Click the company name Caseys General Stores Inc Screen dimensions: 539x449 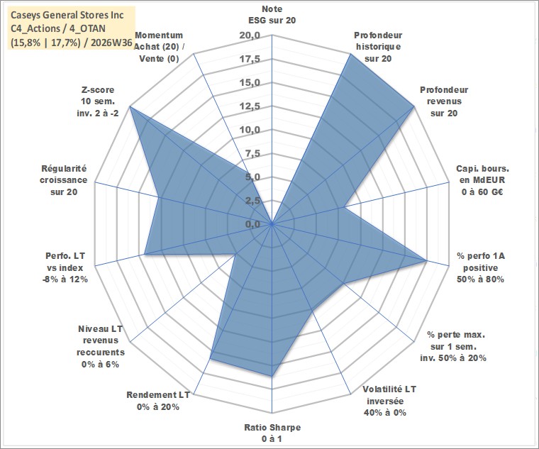click(x=67, y=15)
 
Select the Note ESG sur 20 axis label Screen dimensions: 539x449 click(x=272, y=14)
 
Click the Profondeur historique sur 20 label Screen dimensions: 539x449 click(x=378, y=47)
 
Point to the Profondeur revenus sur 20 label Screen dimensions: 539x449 click(x=444, y=101)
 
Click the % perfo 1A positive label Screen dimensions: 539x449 click(x=481, y=267)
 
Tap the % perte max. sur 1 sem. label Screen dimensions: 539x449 click(x=453, y=346)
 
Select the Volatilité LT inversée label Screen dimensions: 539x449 click(x=389, y=401)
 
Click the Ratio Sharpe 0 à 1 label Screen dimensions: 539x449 click(x=272, y=433)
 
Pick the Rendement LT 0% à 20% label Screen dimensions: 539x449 click(x=158, y=401)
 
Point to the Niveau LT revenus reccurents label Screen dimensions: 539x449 click(x=101, y=347)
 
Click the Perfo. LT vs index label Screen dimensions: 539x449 click(x=65, y=267)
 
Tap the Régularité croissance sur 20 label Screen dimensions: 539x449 click(x=64, y=180)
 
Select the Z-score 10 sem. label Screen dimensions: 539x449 click(x=98, y=101)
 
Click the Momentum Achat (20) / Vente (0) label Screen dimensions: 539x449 click(x=158, y=47)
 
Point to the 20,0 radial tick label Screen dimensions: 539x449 click(x=250, y=35)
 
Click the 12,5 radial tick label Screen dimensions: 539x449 click(x=250, y=106)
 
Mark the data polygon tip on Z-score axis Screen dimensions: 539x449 click(x=130, y=107)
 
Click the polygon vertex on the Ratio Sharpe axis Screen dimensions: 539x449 click(x=272, y=377)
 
